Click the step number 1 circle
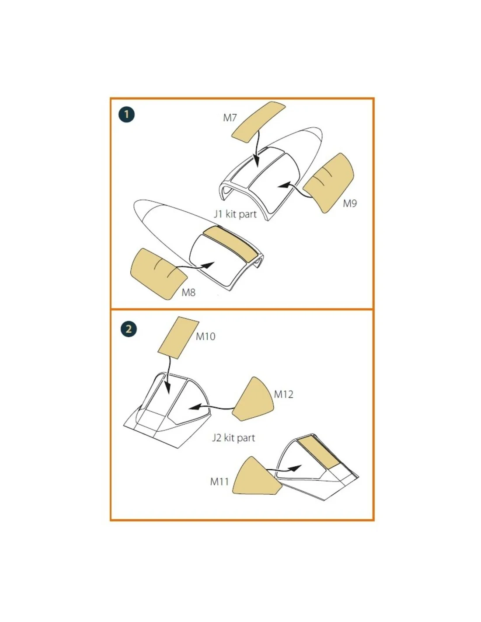point(126,115)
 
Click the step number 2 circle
point(129,328)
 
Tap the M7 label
point(230,118)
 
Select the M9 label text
point(350,203)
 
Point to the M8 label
point(188,293)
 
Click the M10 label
point(206,336)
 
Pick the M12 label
point(283,395)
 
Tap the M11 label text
point(220,482)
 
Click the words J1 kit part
point(235,214)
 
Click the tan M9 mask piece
point(328,183)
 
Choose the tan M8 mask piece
point(158,274)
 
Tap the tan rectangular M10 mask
point(178,338)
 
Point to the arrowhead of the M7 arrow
point(257,162)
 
